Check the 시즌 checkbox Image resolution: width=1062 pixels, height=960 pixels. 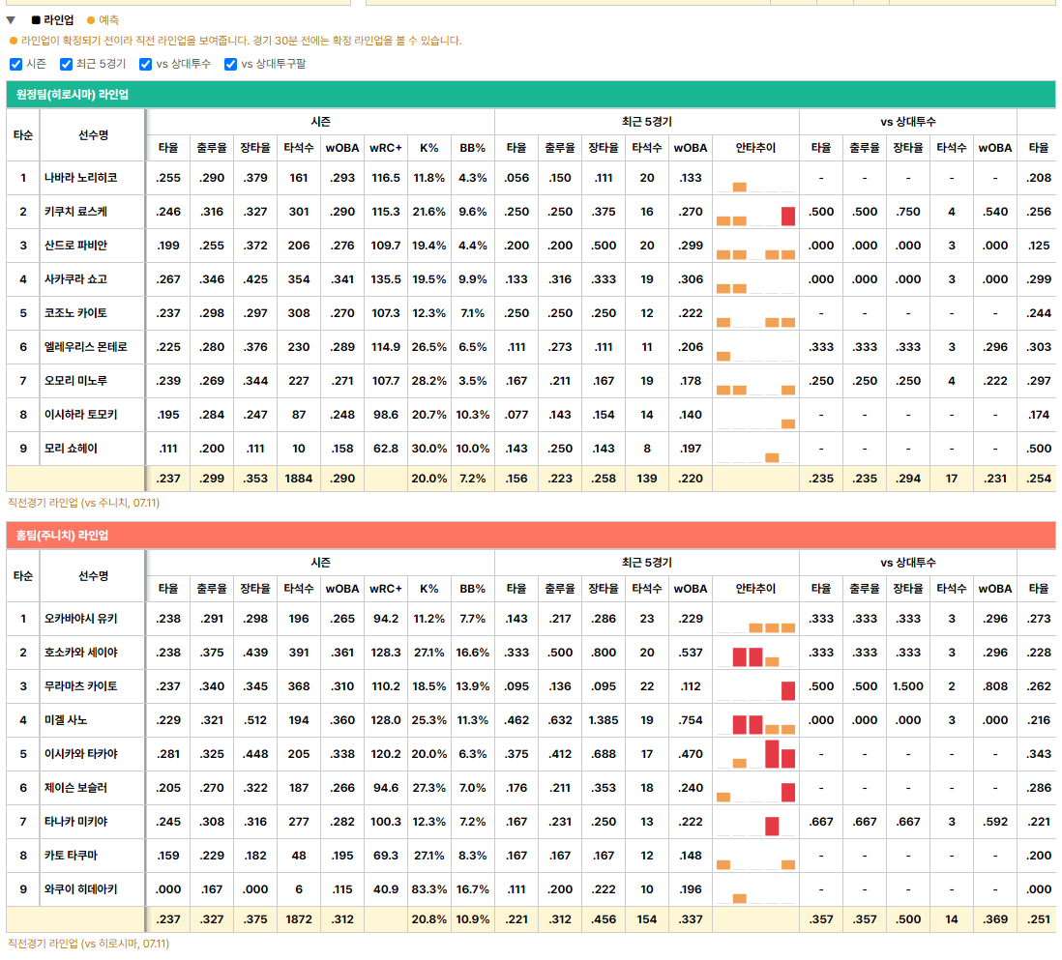[16, 65]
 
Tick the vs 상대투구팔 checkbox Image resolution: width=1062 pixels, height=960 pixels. [231, 65]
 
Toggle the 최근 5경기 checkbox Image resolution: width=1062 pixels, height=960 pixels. [67, 65]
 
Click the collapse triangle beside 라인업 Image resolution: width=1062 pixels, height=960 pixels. [11, 20]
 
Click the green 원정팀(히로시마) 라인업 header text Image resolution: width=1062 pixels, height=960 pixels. [73, 94]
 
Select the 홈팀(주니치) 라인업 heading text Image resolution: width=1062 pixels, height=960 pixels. [62, 536]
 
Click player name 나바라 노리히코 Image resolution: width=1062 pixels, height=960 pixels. [80, 178]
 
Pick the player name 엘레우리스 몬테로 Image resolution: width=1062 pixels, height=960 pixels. [85, 347]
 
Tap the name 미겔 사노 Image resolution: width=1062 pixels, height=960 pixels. [66, 720]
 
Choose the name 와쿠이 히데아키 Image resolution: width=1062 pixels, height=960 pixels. [80, 889]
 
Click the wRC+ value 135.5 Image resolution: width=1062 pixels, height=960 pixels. [386, 279]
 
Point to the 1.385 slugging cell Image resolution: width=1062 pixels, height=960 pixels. [604, 720]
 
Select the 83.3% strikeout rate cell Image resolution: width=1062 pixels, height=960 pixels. [429, 889]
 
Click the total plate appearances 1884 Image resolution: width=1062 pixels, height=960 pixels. [299, 479]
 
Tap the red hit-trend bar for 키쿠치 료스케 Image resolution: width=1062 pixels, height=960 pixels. [787, 216]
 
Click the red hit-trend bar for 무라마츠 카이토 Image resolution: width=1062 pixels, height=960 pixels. [787, 690]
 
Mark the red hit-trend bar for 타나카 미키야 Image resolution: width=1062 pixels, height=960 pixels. [772, 826]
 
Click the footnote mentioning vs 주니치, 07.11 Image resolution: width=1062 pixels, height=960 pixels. [83, 503]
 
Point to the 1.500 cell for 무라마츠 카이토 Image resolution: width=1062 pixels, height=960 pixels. [908, 686]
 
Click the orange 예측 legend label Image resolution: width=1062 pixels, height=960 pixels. [108, 20]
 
